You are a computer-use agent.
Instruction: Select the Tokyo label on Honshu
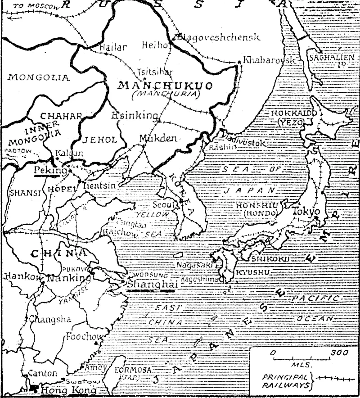click(306, 211)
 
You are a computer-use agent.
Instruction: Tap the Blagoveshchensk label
click(219, 37)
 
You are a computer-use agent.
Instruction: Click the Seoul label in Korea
click(162, 204)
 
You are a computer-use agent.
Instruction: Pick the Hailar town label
click(111, 46)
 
